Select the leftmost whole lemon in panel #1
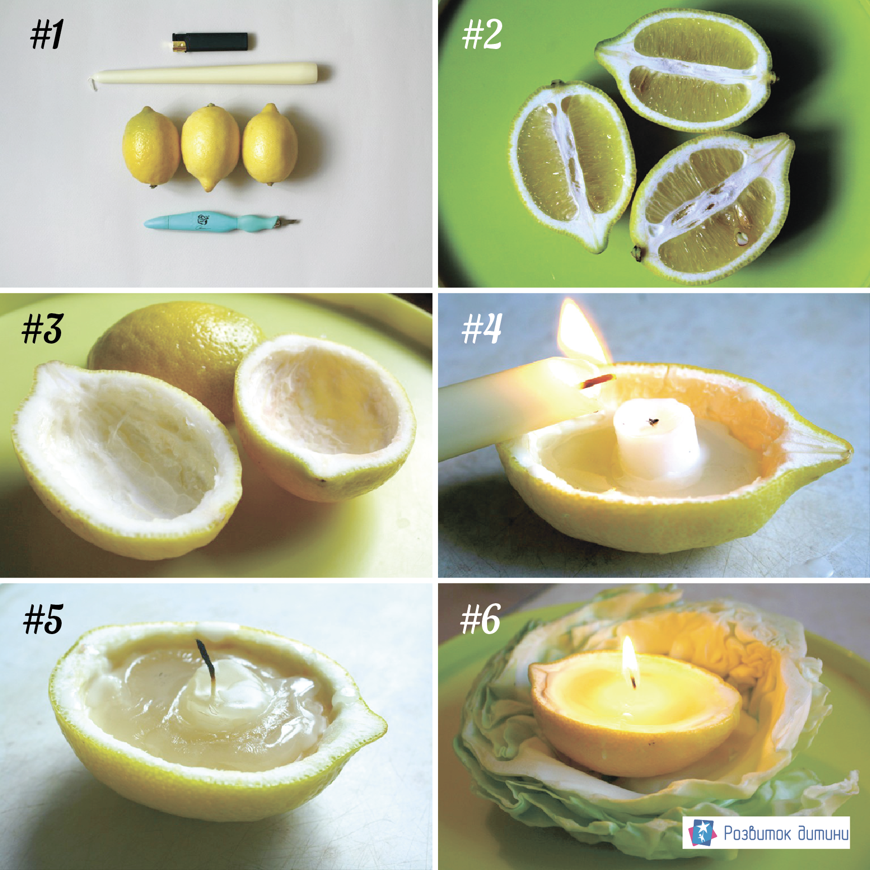[x=151, y=146]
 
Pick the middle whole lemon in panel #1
[x=210, y=147]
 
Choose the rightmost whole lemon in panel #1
[x=270, y=145]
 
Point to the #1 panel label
[x=46, y=35]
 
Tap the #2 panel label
[x=482, y=35]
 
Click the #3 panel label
[x=42, y=329]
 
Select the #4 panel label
[x=482, y=328]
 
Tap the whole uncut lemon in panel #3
[x=177, y=349]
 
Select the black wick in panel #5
[x=207, y=659]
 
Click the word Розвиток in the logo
[x=757, y=833]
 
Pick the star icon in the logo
[x=702, y=832]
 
